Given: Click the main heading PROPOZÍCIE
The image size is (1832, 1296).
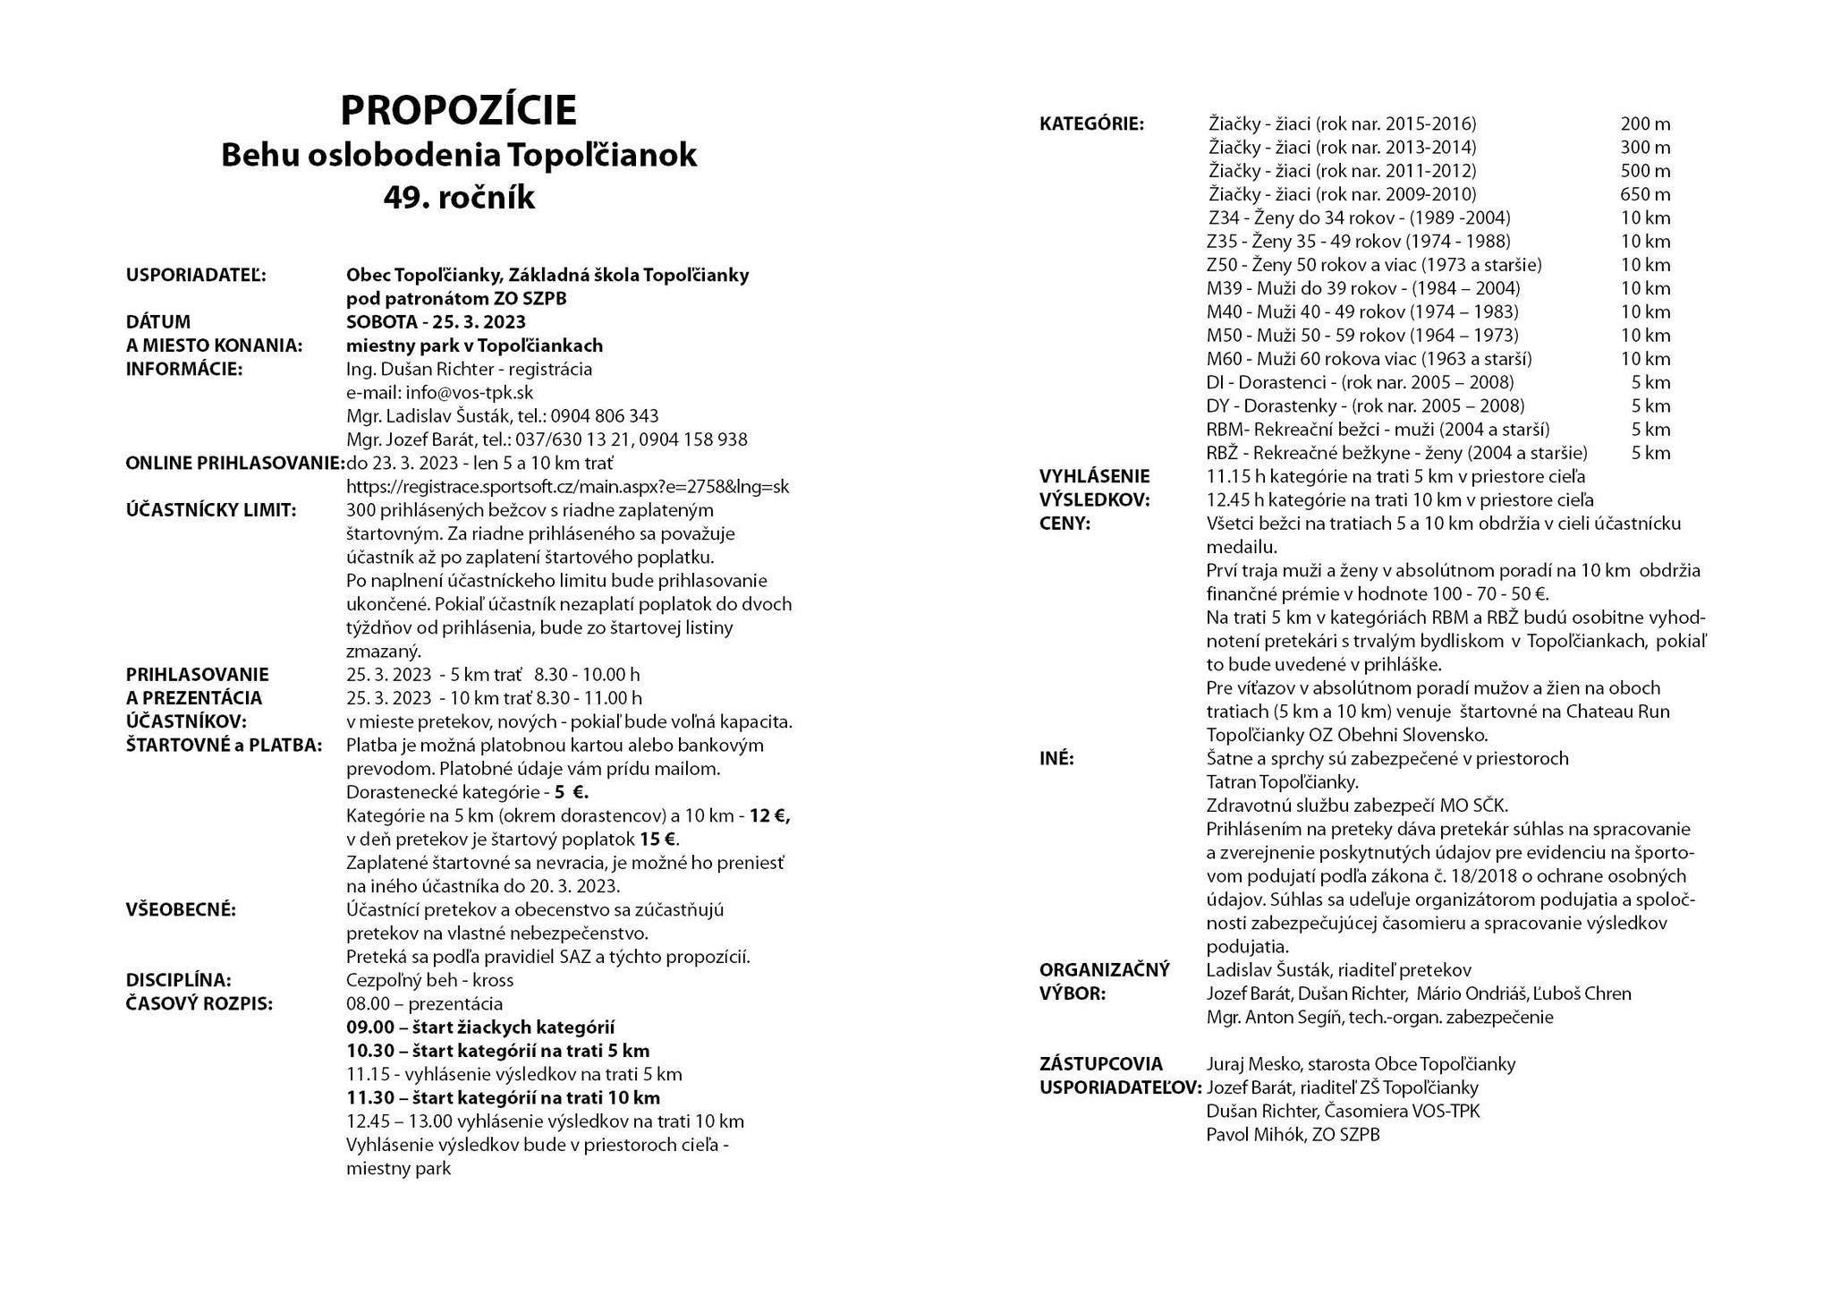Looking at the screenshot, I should [458, 111].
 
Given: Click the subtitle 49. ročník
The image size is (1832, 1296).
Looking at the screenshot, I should [459, 197].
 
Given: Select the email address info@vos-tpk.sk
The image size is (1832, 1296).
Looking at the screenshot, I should [469, 392].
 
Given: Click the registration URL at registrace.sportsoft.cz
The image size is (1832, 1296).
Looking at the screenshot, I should [567, 487].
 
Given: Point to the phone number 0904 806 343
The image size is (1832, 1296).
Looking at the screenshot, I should [604, 416].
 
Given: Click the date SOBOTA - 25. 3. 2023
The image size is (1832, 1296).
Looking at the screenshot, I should [436, 322].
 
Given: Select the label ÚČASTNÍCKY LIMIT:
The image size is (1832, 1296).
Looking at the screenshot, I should [211, 510].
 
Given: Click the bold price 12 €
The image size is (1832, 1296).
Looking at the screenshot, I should [769, 816].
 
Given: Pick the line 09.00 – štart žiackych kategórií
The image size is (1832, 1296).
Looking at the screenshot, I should [480, 1027].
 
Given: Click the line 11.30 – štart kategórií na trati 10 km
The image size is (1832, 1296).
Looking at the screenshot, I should [503, 1098].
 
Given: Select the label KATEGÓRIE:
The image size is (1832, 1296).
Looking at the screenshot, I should [1091, 124].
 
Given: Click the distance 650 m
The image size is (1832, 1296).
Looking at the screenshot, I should [1644, 194].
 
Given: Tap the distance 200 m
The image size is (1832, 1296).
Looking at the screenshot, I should [1644, 124].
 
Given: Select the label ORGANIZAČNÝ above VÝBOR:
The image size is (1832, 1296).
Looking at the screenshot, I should [1104, 970].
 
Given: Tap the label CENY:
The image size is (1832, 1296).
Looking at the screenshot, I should [1064, 524].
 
